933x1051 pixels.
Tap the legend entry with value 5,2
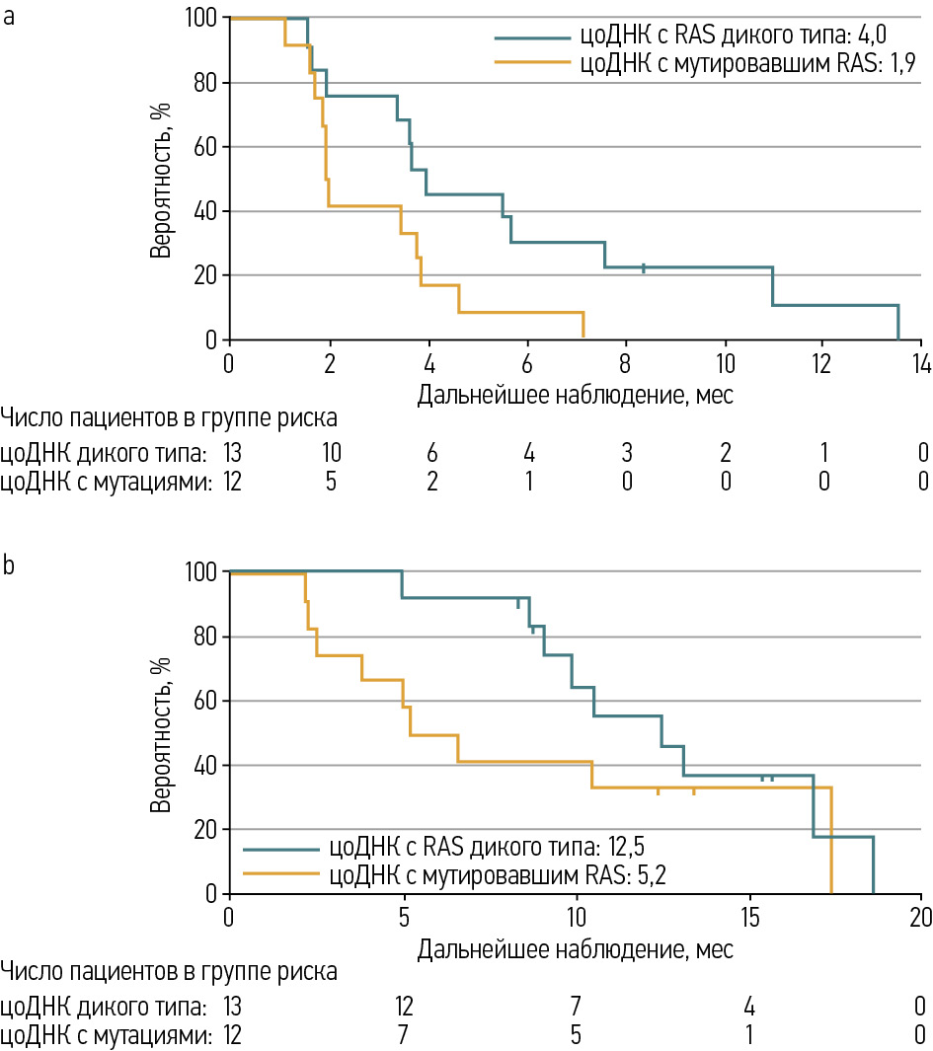(475, 872)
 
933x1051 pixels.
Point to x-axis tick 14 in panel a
(922, 361)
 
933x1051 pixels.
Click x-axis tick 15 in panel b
(747, 915)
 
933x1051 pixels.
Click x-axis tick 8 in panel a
(626, 361)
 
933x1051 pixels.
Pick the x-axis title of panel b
(575, 949)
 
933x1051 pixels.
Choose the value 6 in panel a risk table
(430, 454)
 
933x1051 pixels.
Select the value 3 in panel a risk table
(627, 454)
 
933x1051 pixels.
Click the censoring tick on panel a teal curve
(644, 268)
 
